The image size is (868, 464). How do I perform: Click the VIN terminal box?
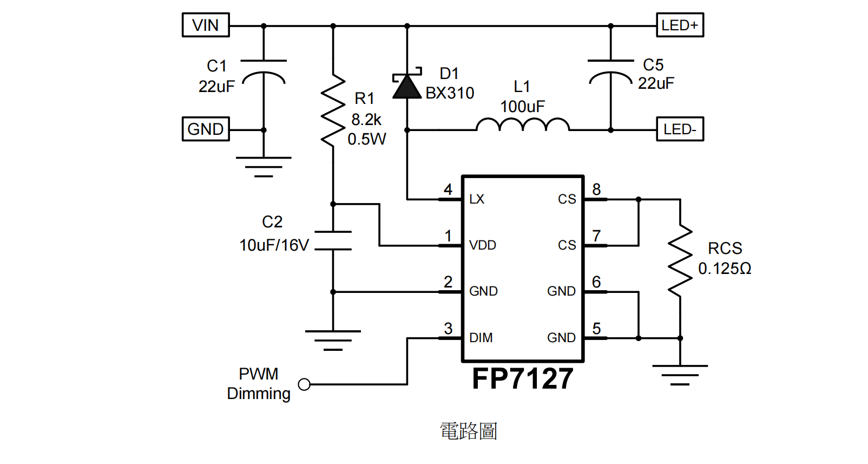(206, 25)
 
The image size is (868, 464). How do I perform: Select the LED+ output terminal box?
(680, 25)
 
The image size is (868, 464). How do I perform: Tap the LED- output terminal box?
(680, 129)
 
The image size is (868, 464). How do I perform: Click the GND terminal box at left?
(206, 129)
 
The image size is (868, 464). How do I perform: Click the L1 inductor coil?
(523, 125)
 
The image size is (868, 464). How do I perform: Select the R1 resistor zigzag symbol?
(333, 111)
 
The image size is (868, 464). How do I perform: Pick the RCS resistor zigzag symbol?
(680, 261)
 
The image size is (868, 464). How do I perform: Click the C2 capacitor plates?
(333, 240)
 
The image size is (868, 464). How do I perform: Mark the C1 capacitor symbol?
(264, 71)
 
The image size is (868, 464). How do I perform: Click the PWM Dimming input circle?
(304, 384)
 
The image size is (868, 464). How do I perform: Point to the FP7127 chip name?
(522, 378)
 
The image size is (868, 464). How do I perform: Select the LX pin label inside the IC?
(477, 199)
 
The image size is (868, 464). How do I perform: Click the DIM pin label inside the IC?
(481, 338)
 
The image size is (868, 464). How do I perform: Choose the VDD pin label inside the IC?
(482, 245)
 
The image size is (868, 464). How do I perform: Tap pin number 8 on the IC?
(596, 189)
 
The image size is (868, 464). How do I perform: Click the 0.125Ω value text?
(725, 269)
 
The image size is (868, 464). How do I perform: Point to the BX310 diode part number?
(450, 93)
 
